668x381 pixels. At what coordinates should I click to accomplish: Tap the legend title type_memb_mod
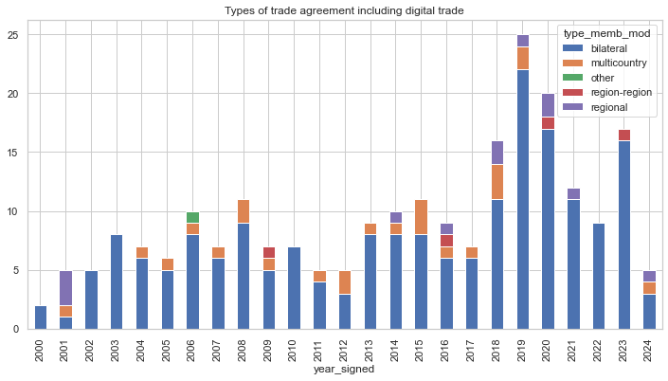point(602,33)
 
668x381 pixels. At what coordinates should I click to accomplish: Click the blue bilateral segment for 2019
point(522,199)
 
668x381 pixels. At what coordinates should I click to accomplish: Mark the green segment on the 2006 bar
point(193,217)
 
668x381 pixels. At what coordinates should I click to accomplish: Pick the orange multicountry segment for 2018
point(496,182)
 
